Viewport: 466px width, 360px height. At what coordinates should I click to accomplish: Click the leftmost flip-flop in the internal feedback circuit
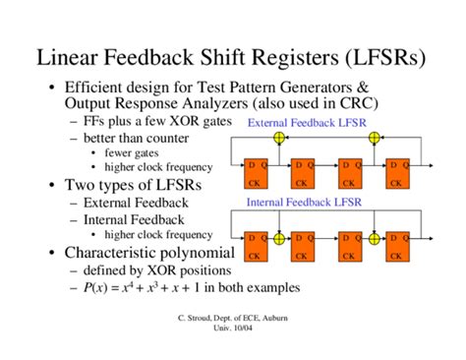click(257, 246)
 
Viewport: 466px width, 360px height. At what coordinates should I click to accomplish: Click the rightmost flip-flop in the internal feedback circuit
click(399, 246)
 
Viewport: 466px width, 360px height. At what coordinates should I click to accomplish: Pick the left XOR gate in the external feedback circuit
click(279, 138)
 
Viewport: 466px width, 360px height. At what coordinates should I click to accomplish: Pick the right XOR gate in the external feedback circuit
click(373, 138)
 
